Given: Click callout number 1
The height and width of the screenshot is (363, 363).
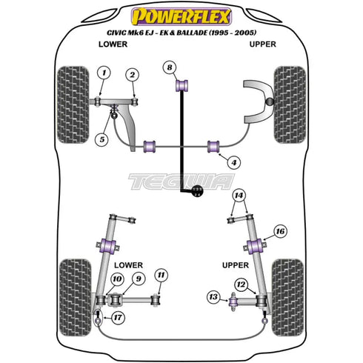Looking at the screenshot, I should coord(104,72).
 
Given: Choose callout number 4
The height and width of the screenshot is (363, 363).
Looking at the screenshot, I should coord(234,162).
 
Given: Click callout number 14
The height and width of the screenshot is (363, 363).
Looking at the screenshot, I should coord(239,195).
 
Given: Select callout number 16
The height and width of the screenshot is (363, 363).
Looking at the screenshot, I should coord(279,231).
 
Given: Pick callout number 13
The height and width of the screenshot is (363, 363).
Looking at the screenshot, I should coord(213,298).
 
